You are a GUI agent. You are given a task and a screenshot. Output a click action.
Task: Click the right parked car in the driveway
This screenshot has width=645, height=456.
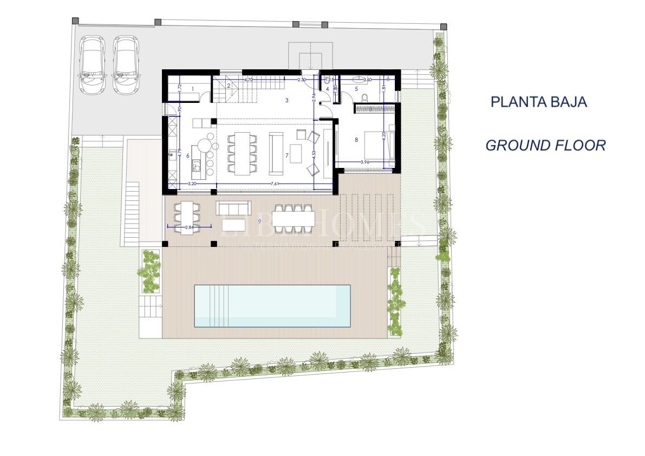click(x=126, y=64)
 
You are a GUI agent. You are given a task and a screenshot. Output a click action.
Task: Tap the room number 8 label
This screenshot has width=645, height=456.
click(x=356, y=140)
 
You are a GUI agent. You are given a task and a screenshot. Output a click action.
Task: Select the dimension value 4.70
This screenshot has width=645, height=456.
click(x=249, y=80)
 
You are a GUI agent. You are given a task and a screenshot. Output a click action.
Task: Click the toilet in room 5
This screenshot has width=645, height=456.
click(x=364, y=97)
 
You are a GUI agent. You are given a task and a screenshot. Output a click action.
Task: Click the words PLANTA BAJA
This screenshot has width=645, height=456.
click(x=538, y=102)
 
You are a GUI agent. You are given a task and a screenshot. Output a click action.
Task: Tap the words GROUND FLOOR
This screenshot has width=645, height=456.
click(x=545, y=145)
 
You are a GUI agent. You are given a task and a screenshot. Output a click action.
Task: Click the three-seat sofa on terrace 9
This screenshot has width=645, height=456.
click(x=234, y=207)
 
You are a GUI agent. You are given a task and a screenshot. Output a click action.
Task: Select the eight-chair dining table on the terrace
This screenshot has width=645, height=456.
click(x=293, y=218)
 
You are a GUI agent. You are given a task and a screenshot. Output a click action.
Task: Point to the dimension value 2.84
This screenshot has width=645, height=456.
click(x=189, y=227)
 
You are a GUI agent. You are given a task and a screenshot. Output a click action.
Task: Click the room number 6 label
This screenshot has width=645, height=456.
click(x=187, y=156)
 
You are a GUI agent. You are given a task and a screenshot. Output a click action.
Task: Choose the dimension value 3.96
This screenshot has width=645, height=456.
click(x=364, y=162)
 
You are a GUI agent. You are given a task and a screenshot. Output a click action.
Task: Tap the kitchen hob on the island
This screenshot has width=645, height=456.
click(x=196, y=165)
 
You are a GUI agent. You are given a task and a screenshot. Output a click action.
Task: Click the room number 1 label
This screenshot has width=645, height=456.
click(x=192, y=87)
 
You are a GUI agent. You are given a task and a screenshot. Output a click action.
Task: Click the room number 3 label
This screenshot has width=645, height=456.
click(x=286, y=100)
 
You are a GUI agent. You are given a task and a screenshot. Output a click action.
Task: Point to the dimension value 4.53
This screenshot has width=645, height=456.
click(x=315, y=154)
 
